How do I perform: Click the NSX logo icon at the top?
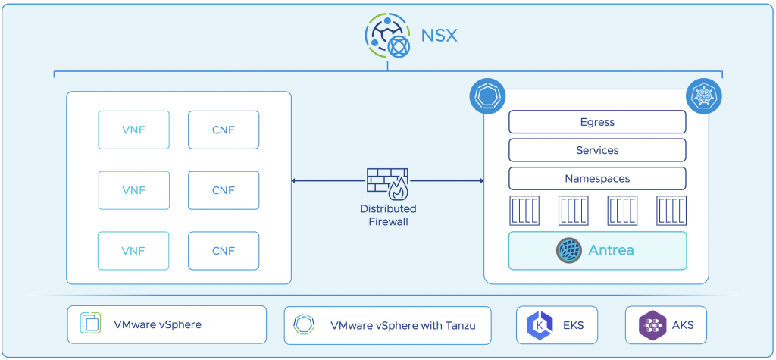pyautogui.click(x=387, y=36)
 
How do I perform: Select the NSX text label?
pyautogui.click(x=440, y=36)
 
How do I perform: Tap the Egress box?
pyautogui.click(x=597, y=122)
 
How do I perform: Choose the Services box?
pyautogui.click(x=597, y=150)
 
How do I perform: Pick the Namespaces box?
pyautogui.click(x=597, y=179)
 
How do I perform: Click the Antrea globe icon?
pyautogui.click(x=568, y=250)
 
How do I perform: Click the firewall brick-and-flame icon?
pyautogui.click(x=387, y=183)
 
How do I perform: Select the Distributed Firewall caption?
pyautogui.click(x=387, y=215)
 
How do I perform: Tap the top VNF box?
pyautogui.click(x=133, y=130)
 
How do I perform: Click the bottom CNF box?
pyautogui.click(x=224, y=251)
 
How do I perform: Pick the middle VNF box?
pyautogui.click(x=133, y=190)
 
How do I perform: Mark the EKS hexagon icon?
pyautogui.click(x=539, y=325)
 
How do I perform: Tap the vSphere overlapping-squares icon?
pyautogui.click(x=91, y=324)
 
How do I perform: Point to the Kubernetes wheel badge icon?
pyautogui.click(x=703, y=96)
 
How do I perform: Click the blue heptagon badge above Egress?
pyautogui.click(x=487, y=96)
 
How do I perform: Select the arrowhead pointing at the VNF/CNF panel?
pyautogui.click(x=295, y=181)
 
